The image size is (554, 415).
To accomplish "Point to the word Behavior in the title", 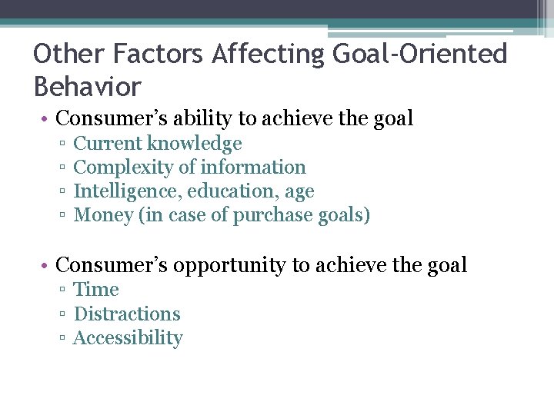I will [88, 87].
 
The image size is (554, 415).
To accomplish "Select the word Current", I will [108, 144].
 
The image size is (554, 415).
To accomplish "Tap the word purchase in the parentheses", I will [274, 216].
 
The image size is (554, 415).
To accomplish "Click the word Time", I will [96, 290].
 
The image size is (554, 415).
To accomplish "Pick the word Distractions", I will [127, 314].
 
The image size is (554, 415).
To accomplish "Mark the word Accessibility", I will [128, 338].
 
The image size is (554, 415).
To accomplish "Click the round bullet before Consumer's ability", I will [47, 119].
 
